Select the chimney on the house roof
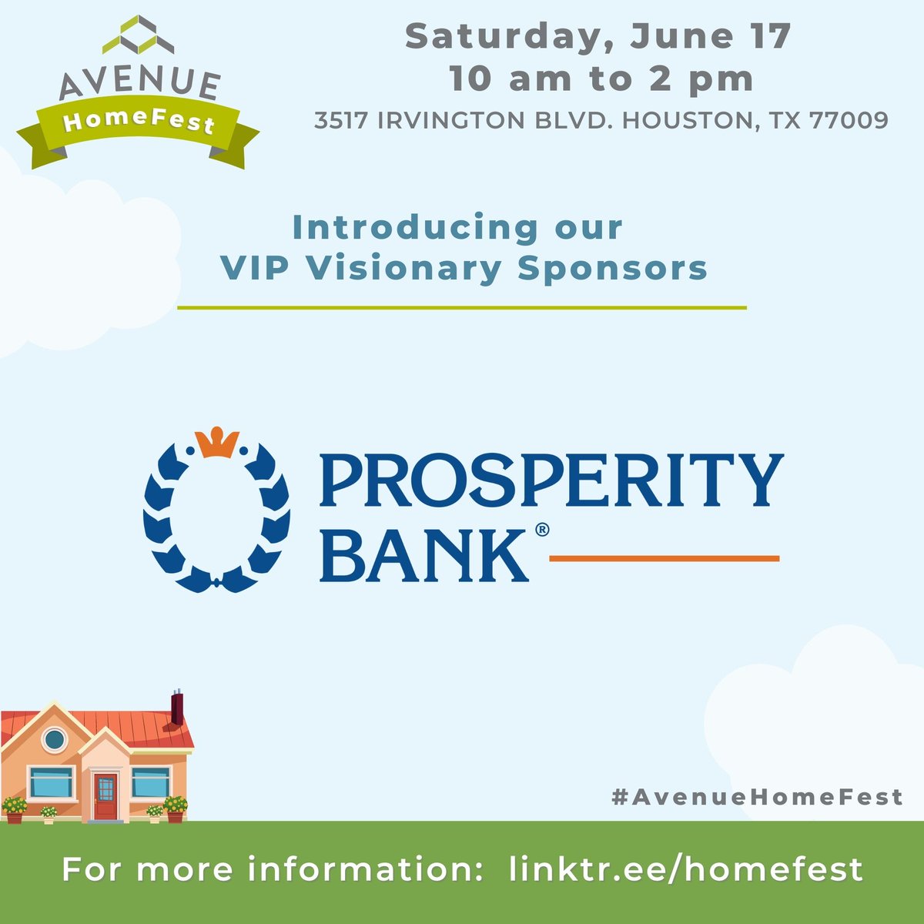click(x=176, y=708)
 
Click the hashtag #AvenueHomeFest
click(x=757, y=797)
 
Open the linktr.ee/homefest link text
click(x=686, y=869)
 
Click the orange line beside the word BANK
click(x=664, y=557)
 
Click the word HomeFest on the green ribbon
click(x=139, y=122)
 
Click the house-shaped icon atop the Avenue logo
click(x=139, y=35)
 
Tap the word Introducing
click(x=416, y=228)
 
